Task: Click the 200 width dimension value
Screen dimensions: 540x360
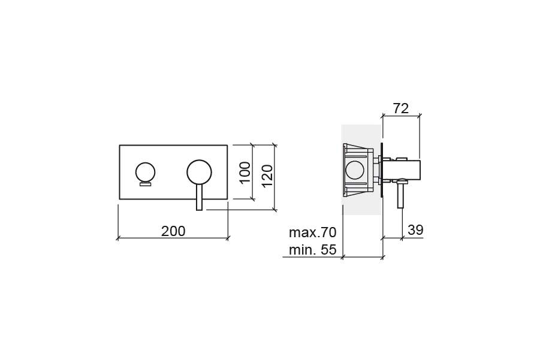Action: pyautogui.click(x=173, y=231)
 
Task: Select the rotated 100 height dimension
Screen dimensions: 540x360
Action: pyautogui.click(x=245, y=173)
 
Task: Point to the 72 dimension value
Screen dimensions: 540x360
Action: pyautogui.click(x=401, y=108)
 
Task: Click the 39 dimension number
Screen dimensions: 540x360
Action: pyautogui.click(x=415, y=229)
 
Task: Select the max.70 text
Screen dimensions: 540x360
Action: pyautogui.click(x=312, y=232)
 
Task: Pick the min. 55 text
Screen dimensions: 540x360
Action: pyautogui.click(x=312, y=250)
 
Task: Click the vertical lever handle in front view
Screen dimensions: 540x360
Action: pyautogui.click(x=200, y=197)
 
